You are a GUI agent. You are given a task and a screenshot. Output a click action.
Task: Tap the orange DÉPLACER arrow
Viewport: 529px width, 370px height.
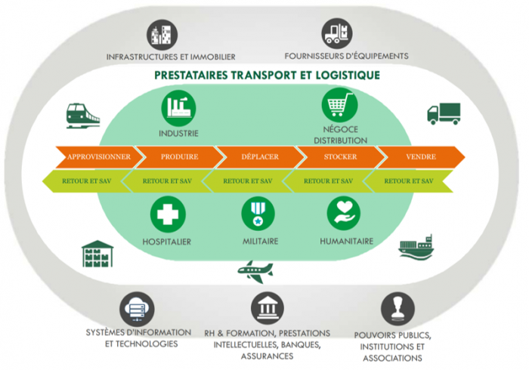point(259,156)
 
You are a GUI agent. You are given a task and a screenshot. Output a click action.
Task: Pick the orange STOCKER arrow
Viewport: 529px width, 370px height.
point(339,156)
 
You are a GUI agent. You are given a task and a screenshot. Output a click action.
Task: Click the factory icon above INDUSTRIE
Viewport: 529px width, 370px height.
point(178,108)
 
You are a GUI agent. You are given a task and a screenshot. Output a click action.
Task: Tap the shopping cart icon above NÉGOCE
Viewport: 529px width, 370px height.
point(339,105)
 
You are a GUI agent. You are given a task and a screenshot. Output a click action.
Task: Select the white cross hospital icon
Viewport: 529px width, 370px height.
point(166,214)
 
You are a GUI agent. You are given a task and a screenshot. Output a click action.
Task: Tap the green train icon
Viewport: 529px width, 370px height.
point(82,115)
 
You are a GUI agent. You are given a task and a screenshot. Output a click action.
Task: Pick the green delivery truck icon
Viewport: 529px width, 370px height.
point(443,113)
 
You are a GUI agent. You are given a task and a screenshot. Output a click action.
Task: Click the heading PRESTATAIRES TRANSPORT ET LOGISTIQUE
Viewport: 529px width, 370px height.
point(267,76)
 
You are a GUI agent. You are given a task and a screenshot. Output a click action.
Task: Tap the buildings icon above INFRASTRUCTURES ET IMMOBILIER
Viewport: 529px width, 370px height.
point(160,33)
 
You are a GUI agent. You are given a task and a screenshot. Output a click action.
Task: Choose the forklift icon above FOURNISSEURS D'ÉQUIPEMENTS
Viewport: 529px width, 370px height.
point(337,33)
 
